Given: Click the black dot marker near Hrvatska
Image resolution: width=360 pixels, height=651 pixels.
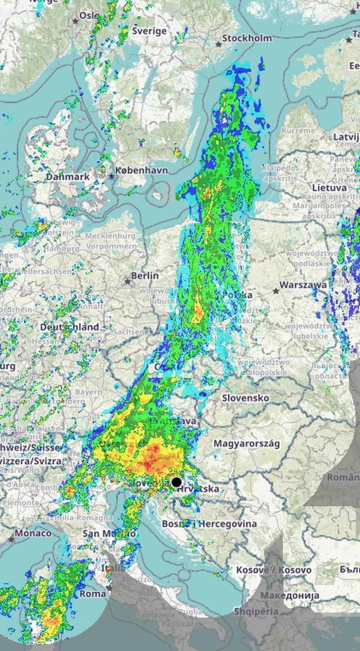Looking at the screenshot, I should pos(176,482).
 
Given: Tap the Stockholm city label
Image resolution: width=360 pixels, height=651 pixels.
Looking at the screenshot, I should pos(247,38).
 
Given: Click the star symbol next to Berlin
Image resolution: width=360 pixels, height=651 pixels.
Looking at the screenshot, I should pos(128,281).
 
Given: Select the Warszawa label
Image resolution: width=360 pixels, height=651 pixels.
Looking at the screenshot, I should pos(303,285).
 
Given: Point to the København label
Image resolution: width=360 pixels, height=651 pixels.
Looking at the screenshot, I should pos(141,170).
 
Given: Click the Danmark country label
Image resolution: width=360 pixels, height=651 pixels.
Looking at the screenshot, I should pos(68,177).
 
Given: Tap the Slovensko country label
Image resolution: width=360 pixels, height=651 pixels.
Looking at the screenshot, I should pos(246,398).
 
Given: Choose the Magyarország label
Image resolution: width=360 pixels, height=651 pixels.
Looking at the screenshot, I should pos(247,444).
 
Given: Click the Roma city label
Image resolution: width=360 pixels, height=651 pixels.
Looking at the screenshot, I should pos(93,594).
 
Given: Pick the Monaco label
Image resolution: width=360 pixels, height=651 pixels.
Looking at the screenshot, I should pos(33,533).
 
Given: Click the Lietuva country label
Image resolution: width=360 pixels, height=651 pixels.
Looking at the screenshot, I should pos(329,188).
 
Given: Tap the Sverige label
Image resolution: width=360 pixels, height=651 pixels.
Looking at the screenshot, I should pos(149,31).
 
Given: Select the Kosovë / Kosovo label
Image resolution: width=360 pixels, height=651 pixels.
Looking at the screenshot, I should pos(274,570).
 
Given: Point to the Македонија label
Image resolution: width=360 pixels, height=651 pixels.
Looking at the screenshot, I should pos(290,595).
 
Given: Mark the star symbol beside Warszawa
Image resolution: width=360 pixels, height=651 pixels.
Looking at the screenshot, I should pos(276,291).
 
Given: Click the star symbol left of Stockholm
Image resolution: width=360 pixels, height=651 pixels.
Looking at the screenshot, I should pos(218,44).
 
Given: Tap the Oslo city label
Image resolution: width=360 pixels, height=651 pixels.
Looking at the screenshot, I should pos(89,15).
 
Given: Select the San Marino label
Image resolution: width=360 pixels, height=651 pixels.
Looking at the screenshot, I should pos(108,533).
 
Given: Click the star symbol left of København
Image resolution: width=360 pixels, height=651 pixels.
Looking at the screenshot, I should pos(111,176).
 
